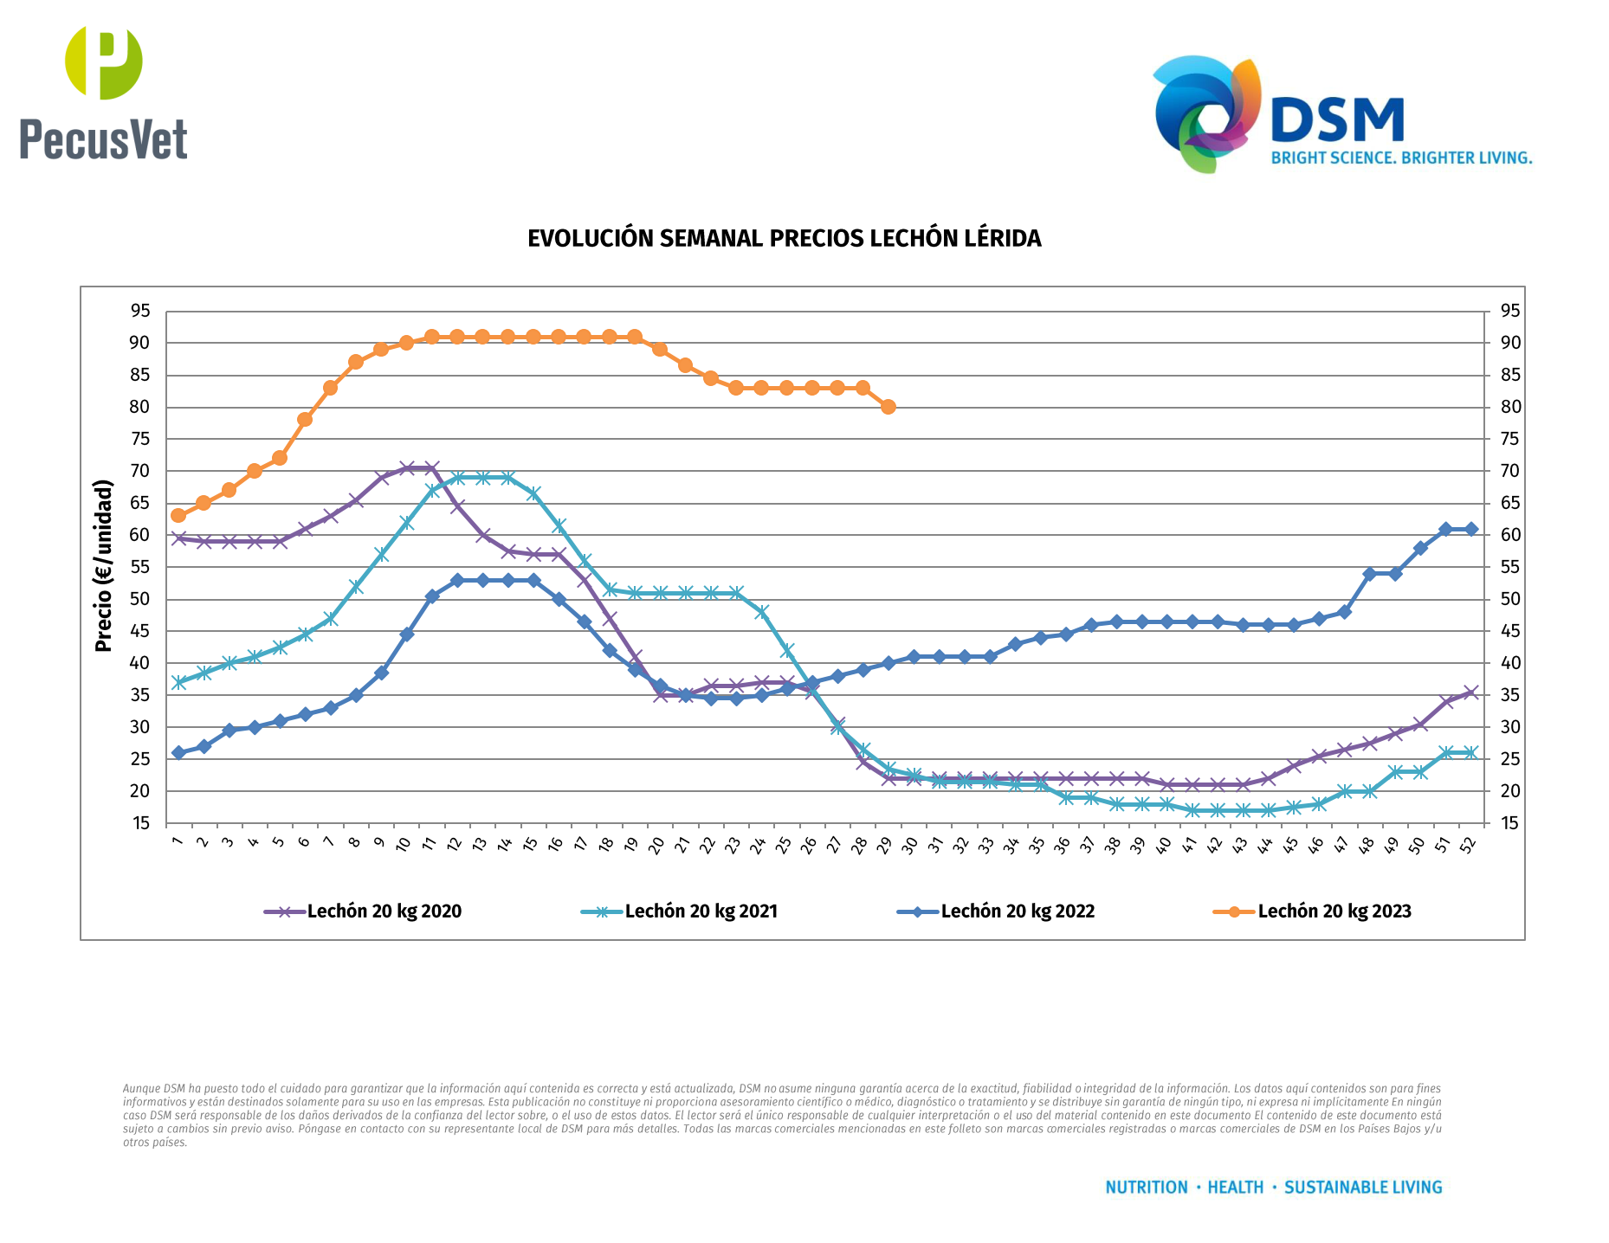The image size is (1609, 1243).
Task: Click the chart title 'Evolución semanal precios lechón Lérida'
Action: click(x=784, y=239)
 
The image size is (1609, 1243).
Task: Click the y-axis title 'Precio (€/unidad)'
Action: click(x=104, y=565)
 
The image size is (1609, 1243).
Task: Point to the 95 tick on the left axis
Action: click(x=140, y=311)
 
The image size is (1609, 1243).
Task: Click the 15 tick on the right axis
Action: click(x=1510, y=823)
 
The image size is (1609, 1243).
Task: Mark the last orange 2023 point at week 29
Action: click(x=888, y=407)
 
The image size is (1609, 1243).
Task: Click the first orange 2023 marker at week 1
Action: click(x=178, y=516)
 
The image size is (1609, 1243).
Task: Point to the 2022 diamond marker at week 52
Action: click(x=1470, y=529)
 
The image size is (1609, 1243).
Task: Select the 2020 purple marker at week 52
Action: click(x=1470, y=692)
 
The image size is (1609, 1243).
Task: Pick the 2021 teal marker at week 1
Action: click(x=178, y=682)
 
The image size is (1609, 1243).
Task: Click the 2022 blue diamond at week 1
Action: click(x=178, y=753)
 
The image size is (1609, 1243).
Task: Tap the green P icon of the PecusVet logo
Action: click(x=104, y=62)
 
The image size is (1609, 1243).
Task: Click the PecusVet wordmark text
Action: click(x=104, y=139)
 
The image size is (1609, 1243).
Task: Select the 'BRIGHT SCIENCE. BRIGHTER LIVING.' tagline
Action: click(x=1401, y=158)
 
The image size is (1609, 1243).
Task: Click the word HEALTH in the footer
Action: click(x=1235, y=1188)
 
